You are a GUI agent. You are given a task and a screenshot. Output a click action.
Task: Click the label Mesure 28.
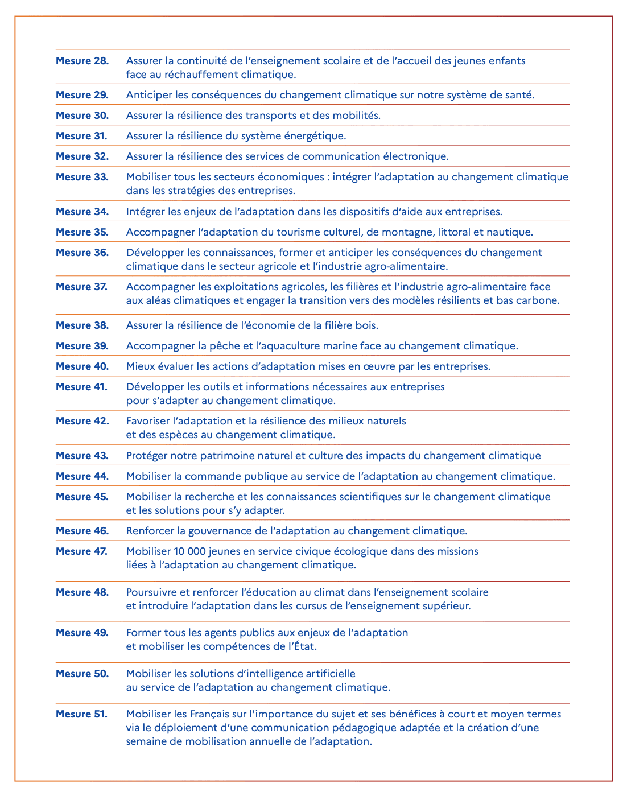click(x=82, y=61)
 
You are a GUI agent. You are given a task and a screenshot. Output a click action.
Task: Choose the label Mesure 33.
click(x=82, y=177)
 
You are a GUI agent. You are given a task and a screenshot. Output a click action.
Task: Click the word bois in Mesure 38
click(x=367, y=325)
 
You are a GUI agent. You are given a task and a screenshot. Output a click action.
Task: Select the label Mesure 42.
click(x=82, y=421)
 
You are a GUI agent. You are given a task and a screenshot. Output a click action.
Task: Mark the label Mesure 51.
click(x=82, y=714)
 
